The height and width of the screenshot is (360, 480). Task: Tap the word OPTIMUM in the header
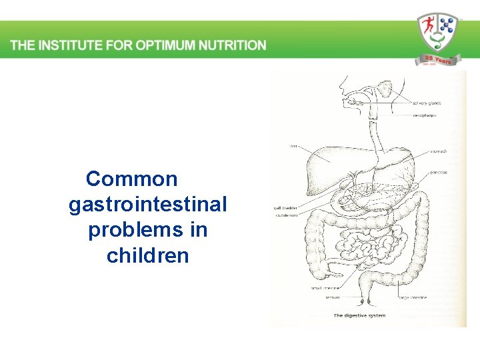pos(163,45)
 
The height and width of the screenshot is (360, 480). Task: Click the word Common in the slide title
pos(132,179)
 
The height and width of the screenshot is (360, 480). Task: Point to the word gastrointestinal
pos(148,204)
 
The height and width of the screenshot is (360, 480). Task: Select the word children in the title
pos(148,255)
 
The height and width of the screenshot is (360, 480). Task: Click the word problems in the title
pos(148,230)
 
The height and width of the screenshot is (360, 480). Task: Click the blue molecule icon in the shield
pos(445,27)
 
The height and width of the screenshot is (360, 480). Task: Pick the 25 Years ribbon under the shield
pos(435,61)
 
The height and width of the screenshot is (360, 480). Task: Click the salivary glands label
pos(427,103)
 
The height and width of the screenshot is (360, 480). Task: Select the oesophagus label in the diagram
pos(425,115)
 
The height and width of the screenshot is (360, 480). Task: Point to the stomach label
pos(438,151)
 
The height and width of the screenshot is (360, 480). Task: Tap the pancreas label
pos(437,173)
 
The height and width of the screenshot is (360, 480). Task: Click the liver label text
pos(293,147)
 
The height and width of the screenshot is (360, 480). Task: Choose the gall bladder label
pos(286,208)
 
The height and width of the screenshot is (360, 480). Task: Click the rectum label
pos(333,297)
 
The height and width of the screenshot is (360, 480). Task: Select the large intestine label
pos(413,297)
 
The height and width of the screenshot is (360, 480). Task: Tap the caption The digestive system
pos(359,315)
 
